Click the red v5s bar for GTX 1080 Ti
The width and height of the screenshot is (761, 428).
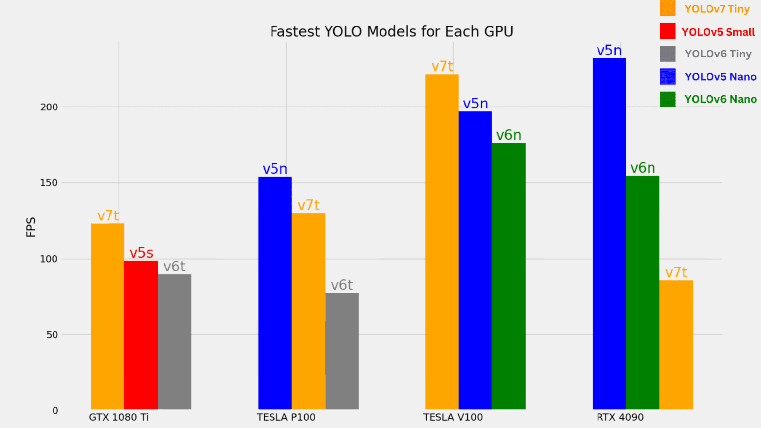[141, 334]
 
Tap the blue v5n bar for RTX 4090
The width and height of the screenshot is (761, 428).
[609, 233]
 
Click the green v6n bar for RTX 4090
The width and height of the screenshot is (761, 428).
[643, 292]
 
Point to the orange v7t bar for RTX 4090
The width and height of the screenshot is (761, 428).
[676, 345]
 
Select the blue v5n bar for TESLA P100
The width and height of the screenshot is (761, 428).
[274, 293]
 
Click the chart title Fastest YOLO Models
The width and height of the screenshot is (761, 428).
[391, 32]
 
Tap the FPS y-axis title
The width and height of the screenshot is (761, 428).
[31, 227]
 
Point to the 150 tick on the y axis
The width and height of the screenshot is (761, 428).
[49, 183]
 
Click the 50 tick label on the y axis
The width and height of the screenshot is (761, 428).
[52, 335]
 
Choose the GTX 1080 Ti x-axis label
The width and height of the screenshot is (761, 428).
[119, 417]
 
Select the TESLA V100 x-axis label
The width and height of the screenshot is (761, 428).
[453, 417]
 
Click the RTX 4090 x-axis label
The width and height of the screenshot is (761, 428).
[620, 417]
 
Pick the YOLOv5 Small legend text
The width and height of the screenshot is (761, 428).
[718, 32]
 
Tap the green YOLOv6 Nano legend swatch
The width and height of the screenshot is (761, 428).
[667, 99]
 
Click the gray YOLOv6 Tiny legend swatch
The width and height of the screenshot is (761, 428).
[667, 54]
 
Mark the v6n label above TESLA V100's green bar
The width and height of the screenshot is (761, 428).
[509, 135]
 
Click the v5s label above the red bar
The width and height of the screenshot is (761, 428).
[141, 253]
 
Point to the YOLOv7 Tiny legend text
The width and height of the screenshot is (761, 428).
[717, 9]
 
